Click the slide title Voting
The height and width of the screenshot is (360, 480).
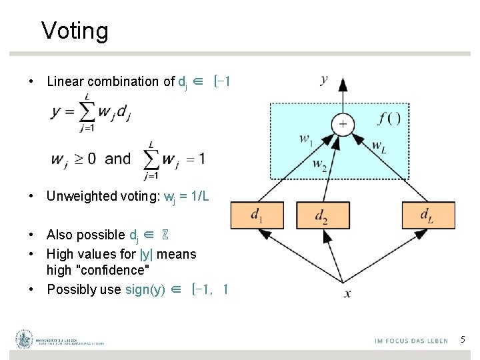tap(75, 31)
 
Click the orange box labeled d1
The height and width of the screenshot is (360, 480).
tap(257, 215)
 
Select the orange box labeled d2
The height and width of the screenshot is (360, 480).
tap(322, 215)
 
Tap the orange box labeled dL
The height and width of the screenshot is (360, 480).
tap(428, 215)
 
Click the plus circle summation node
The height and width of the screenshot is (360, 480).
tap(343, 123)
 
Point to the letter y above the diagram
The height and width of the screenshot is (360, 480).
tap(324, 80)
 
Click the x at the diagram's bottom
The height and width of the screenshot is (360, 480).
tap(347, 293)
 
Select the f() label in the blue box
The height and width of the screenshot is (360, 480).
tap(389, 119)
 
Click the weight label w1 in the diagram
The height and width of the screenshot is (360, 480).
tap(306, 140)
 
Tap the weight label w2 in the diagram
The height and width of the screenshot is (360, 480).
tap(320, 163)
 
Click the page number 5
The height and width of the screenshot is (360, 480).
tap(463, 340)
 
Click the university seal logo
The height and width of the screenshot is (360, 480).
tap(25, 339)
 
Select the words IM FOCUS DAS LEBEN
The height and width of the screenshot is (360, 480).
tap(411, 341)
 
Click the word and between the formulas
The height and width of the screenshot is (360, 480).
tap(118, 159)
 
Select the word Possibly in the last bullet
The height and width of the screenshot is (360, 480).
tap(73, 289)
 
